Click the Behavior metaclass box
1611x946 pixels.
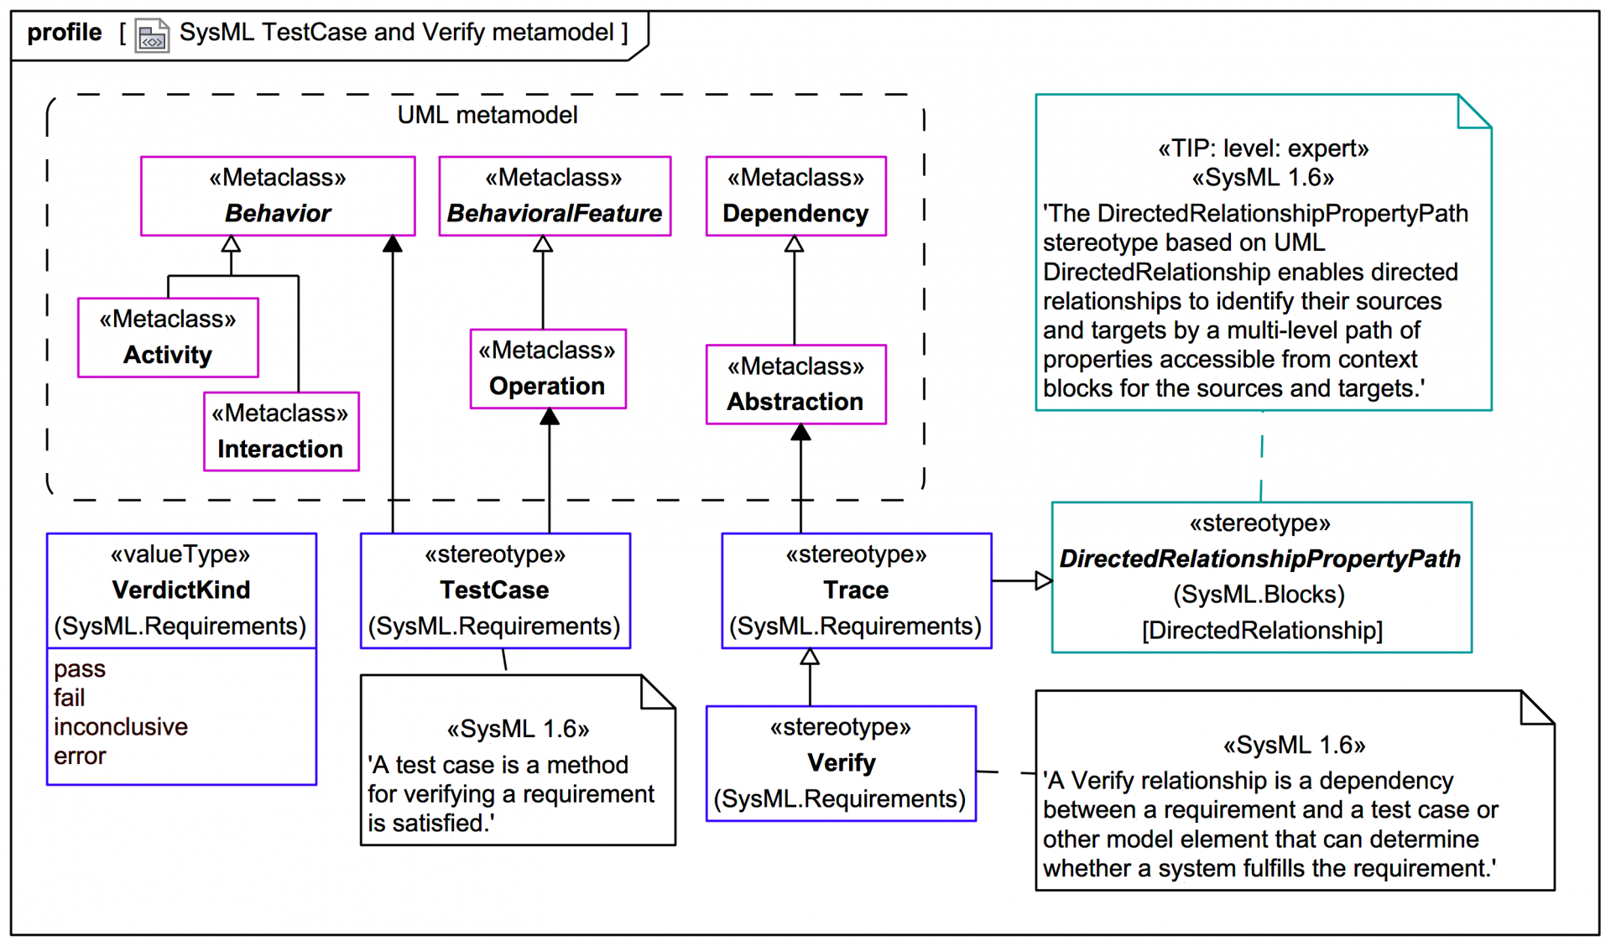click(x=278, y=196)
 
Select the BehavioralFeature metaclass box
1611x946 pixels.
click(x=555, y=196)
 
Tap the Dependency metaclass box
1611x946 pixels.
click(x=795, y=196)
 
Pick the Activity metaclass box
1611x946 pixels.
click(x=168, y=338)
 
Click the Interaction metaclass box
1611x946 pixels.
click(x=281, y=432)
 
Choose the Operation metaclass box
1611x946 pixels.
click(x=548, y=369)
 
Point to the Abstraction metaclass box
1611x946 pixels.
click(x=795, y=385)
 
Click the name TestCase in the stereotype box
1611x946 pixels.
click(x=494, y=590)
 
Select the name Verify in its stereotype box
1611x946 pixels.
click(x=841, y=763)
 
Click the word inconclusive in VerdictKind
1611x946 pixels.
click(x=121, y=727)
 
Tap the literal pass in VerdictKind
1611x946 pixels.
click(x=80, y=669)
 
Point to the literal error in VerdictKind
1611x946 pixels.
click(x=80, y=756)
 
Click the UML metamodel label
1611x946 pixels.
click(x=487, y=115)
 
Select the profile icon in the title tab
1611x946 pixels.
click(x=152, y=35)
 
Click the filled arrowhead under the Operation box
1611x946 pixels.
click(x=550, y=418)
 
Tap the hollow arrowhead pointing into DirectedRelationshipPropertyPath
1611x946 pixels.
click(x=1043, y=580)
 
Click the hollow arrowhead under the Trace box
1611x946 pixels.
click(x=810, y=658)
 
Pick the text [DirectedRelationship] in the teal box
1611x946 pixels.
click(x=1261, y=631)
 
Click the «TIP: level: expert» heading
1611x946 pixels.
click(x=1263, y=149)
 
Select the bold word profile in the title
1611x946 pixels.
click(x=65, y=33)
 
